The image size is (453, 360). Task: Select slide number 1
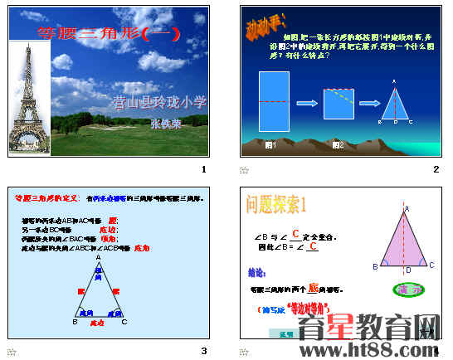click(x=203, y=169)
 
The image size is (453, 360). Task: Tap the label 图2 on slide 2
click(x=338, y=145)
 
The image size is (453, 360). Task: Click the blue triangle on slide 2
click(x=394, y=106)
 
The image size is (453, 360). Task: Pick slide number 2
click(x=436, y=169)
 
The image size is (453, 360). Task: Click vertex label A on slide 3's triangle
click(x=98, y=258)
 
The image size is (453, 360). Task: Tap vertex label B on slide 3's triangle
click(x=75, y=322)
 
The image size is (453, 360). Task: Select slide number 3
click(x=203, y=351)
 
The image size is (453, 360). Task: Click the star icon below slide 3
click(x=12, y=352)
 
